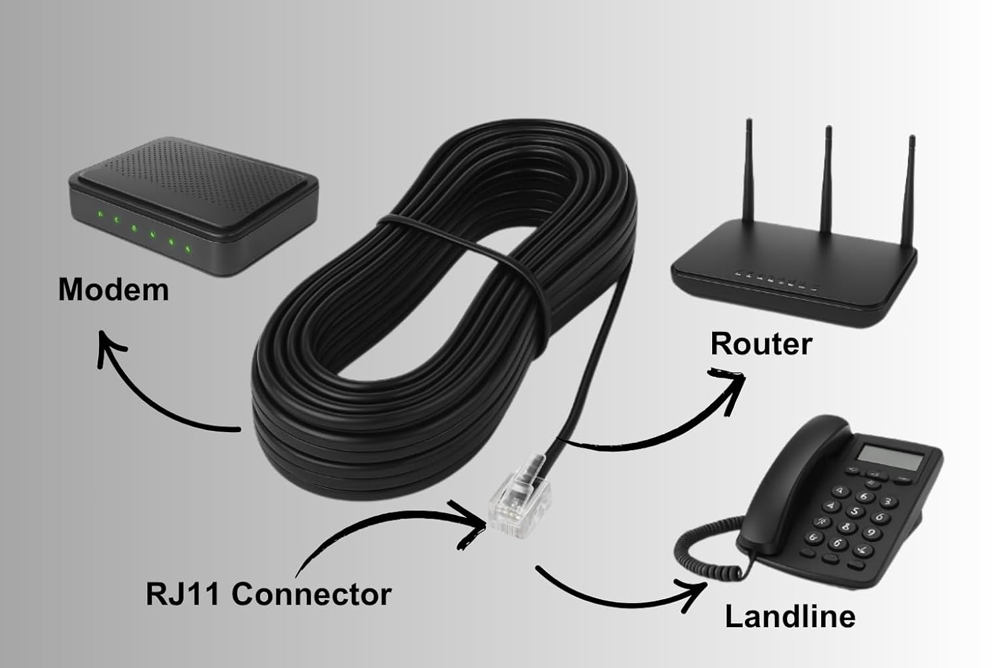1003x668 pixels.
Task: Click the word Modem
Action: click(113, 290)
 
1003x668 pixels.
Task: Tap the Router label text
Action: click(760, 343)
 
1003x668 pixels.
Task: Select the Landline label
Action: click(790, 616)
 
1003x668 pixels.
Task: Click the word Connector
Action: click(311, 594)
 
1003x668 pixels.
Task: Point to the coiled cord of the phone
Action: click(702, 554)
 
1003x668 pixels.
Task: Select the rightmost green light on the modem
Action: click(189, 251)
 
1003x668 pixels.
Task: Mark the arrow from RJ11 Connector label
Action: click(388, 528)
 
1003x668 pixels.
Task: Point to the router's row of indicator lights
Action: click(776, 279)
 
